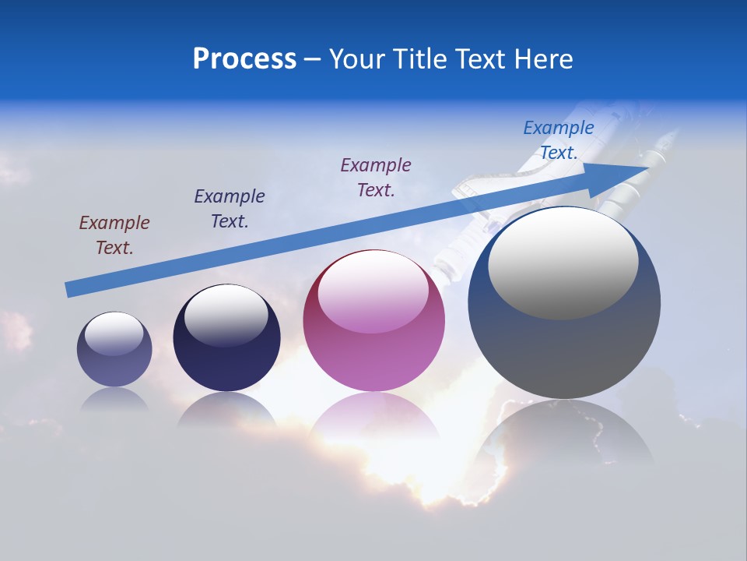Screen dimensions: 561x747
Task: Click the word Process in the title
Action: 244,59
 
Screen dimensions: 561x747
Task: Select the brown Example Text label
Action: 114,235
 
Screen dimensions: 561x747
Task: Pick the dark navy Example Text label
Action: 230,209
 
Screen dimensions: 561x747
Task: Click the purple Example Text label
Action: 376,178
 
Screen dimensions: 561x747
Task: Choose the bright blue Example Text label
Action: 558,140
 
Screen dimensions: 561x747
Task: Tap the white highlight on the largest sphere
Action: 563,263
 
